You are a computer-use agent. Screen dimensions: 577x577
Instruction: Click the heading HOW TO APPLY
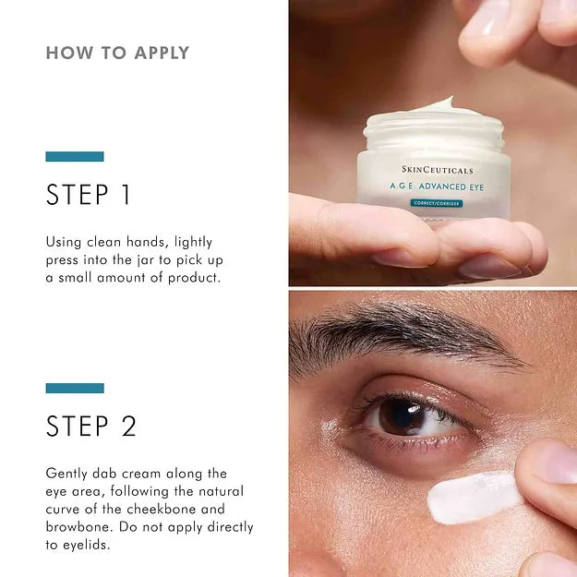(117, 53)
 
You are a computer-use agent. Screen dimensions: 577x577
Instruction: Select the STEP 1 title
(89, 195)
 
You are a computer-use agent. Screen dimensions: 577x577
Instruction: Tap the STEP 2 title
(91, 426)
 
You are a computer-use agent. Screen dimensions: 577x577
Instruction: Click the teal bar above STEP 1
(75, 157)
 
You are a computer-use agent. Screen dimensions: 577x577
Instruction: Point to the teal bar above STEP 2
(75, 388)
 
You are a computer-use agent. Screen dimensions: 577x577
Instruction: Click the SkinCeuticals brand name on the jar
(437, 171)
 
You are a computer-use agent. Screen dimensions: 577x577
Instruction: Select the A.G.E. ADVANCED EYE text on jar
(438, 186)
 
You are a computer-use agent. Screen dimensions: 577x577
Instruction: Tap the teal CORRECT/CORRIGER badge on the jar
(438, 202)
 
